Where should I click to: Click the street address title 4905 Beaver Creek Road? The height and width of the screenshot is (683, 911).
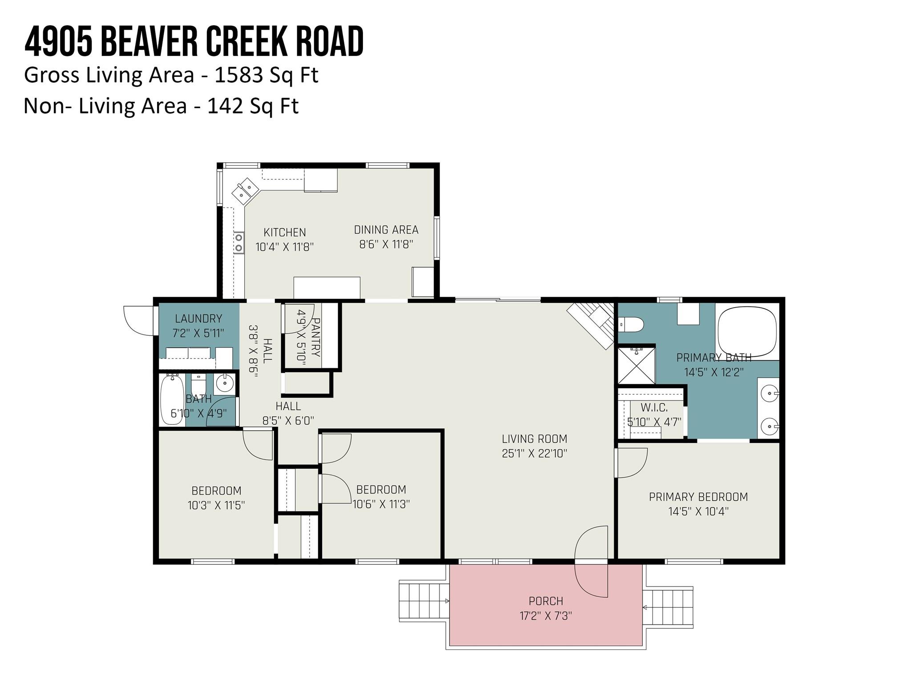[194, 41]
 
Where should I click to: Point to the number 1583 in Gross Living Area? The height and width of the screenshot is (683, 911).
[238, 75]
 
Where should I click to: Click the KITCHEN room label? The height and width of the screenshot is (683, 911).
[285, 232]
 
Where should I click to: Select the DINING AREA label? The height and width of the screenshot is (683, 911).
[386, 230]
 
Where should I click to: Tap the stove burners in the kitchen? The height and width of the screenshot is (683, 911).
[239, 243]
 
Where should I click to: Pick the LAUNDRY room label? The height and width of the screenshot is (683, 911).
[198, 318]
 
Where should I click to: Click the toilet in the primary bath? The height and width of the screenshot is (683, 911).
[630, 324]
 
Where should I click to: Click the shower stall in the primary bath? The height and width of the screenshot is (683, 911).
[636, 366]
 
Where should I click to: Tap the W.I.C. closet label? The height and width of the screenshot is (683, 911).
[654, 407]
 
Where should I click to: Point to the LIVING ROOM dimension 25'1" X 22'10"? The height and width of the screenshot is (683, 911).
[535, 454]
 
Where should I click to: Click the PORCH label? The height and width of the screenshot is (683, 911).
[546, 601]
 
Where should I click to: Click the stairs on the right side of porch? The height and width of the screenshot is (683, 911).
[668, 607]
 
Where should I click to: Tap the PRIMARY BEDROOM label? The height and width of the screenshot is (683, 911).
[698, 497]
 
